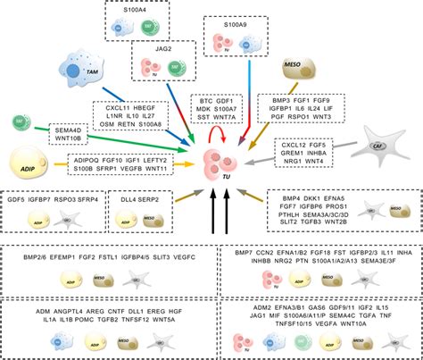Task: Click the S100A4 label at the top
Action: tap(137, 9)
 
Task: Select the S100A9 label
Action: tap(234, 26)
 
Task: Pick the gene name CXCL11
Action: tap(112, 107)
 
